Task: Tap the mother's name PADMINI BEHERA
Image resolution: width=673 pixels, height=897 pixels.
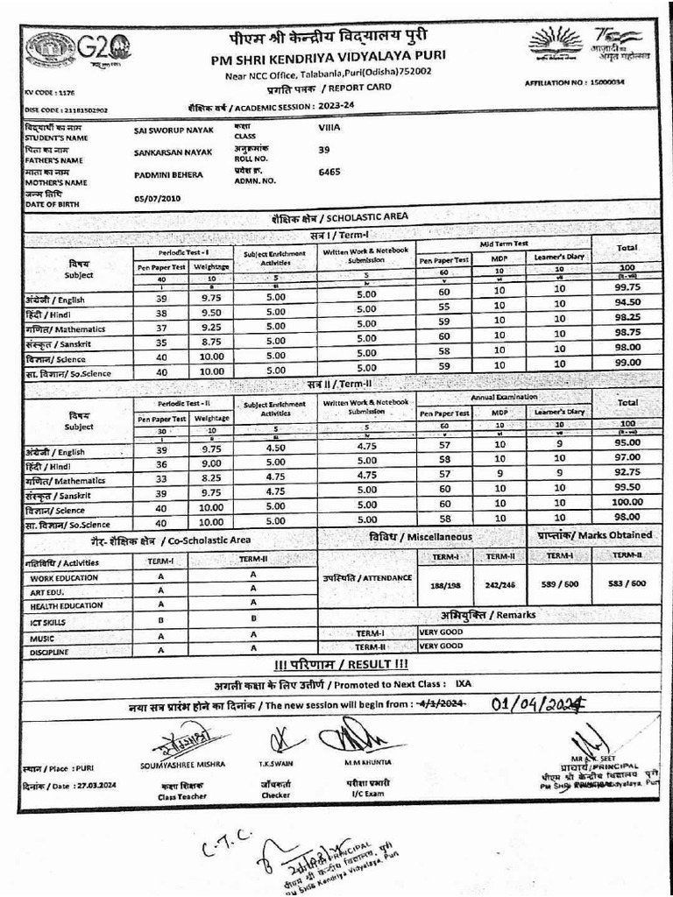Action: pos(168,174)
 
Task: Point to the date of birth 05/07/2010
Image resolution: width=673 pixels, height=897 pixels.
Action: pos(157,198)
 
